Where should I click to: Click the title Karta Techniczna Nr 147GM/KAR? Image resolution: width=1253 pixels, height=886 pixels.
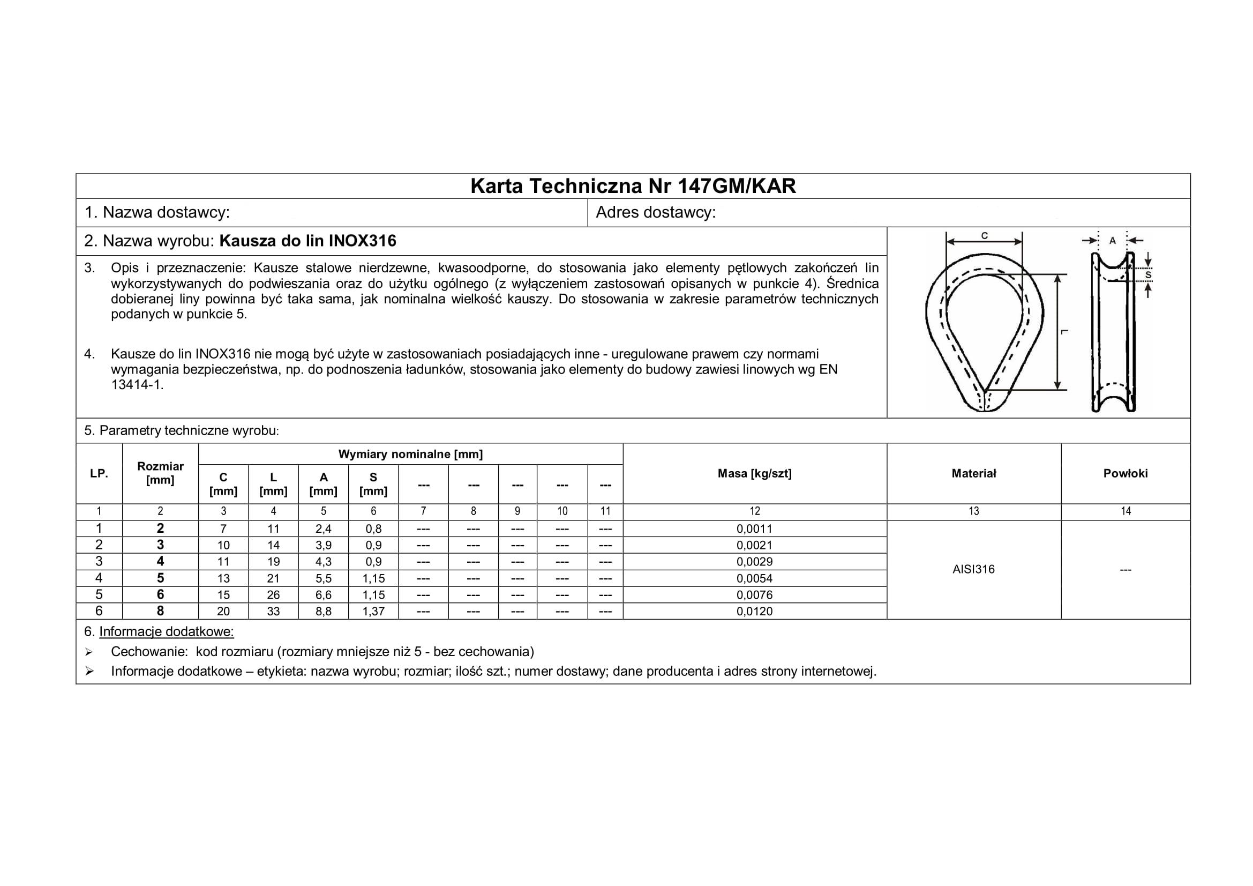click(633, 187)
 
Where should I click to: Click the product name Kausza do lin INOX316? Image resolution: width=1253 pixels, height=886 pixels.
click(308, 241)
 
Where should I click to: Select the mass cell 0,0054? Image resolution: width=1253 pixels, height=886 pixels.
click(754, 578)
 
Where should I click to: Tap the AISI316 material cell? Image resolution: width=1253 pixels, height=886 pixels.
click(973, 569)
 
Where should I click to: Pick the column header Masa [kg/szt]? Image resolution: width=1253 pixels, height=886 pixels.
click(754, 473)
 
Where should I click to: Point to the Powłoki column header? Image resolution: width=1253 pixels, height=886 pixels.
click(1126, 473)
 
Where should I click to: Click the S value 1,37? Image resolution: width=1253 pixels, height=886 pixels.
click(373, 612)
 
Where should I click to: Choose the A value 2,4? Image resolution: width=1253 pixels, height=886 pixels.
click(323, 528)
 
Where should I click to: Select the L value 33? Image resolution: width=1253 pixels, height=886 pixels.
click(273, 612)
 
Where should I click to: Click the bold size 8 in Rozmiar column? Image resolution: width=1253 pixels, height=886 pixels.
click(161, 611)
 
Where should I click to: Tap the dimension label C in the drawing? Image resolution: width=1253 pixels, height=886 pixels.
click(985, 236)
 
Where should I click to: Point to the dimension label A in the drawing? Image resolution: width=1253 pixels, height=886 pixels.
click(1113, 241)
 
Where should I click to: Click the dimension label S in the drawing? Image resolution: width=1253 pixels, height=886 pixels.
click(1148, 276)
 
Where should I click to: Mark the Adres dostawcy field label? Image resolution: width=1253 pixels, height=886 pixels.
click(655, 212)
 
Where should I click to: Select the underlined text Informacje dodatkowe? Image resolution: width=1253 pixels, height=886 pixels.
click(167, 631)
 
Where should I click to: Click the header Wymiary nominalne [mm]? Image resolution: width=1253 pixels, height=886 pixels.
click(410, 454)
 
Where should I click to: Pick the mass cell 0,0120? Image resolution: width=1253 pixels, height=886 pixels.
click(754, 612)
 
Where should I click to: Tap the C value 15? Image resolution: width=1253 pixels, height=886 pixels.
click(223, 595)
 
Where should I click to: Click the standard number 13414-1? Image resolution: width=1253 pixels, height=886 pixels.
click(137, 385)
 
